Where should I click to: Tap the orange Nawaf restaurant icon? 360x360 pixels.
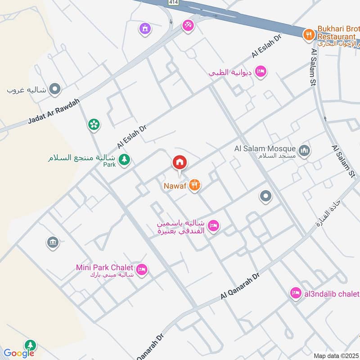194,184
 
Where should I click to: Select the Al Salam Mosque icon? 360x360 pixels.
305,149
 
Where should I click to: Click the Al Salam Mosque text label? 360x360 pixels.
265,148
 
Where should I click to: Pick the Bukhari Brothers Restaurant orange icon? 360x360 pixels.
308,34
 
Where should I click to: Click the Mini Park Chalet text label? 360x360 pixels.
104,267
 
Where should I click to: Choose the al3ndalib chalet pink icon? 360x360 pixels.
295,293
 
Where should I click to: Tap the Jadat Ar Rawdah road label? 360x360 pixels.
54,112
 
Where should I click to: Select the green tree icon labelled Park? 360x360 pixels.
124,159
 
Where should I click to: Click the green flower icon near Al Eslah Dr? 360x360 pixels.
94,124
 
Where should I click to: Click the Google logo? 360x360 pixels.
19,353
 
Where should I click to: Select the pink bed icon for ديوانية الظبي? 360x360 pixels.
261,71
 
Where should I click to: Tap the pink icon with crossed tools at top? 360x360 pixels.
188,26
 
